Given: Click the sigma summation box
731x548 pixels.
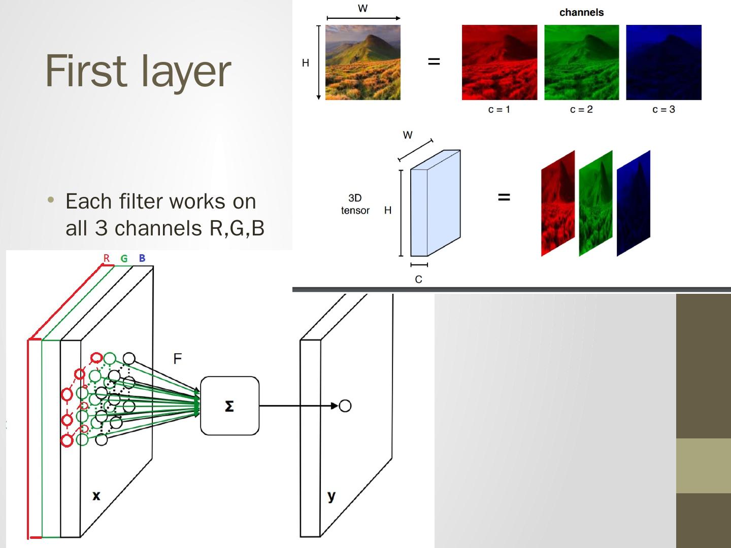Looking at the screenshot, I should [x=229, y=406].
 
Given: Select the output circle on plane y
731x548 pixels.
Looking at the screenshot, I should [x=345, y=406].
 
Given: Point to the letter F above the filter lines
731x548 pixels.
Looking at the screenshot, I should [x=177, y=359].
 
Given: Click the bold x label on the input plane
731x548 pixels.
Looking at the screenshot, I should [x=96, y=495].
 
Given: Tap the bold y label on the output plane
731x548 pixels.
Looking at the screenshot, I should [x=331, y=496].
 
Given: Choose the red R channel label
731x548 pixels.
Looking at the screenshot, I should [x=107, y=258].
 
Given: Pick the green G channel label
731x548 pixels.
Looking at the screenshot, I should [x=124, y=259].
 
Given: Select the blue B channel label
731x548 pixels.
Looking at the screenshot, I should [x=142, y=258].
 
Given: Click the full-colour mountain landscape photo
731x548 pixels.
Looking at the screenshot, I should [x=363, y=62].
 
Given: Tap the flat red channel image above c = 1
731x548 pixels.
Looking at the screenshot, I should [x=499, y=62].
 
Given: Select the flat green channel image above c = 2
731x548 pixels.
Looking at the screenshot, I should [x=582, y=62].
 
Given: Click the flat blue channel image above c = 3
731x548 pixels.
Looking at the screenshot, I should [x=663, y=62].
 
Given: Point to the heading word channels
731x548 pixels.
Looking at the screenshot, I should [x=581, y=13].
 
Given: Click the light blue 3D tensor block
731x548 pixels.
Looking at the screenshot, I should [x=436, y=203].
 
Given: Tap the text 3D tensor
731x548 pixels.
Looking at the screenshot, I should [x=355, y=204].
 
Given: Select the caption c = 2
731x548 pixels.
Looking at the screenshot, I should [x=581, y=110].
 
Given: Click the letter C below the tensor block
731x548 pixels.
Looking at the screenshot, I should [x=418, y=280].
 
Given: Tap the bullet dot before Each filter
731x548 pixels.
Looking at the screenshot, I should [x=50, y=200].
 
